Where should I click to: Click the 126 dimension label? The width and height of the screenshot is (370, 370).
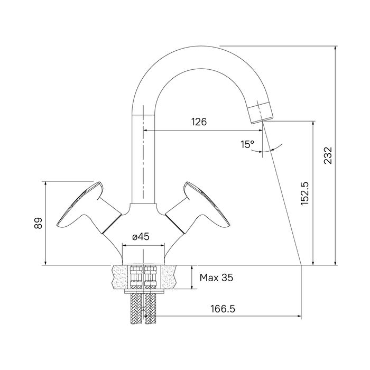(199, 122)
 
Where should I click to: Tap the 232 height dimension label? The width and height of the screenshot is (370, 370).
(328, 155)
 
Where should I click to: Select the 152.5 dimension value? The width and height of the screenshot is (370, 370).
(305, 194)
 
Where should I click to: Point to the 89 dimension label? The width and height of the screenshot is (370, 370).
(38, 223)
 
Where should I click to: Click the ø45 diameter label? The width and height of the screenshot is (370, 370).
(141, 236)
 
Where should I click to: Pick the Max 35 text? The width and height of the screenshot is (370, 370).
(216, 277)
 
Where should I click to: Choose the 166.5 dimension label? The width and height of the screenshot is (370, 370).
(223, 309)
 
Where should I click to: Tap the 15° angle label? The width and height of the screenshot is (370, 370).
(247, 144)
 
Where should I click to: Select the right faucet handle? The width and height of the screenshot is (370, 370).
(198, 208)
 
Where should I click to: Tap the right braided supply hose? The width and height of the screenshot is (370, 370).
(150, 309)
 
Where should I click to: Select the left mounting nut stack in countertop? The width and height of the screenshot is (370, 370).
(136, 277)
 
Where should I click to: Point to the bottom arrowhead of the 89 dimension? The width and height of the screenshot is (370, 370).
(45, 263)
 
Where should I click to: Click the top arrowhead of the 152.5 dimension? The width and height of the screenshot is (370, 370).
(313, 124)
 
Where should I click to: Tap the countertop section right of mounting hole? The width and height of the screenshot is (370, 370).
(169, 277)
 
